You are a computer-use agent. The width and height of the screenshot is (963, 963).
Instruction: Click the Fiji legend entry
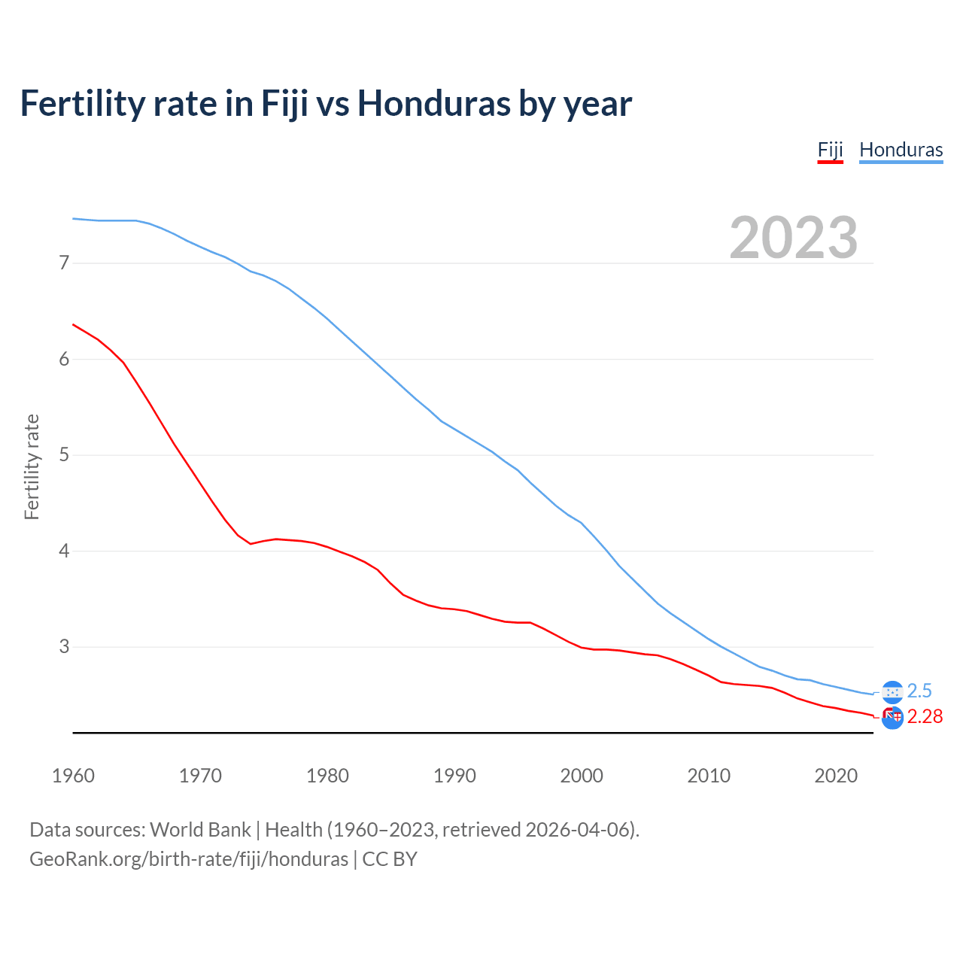point(830,150)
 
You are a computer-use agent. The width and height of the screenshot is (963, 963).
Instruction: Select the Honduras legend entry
point(901,150)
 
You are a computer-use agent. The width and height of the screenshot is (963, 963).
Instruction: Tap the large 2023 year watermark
point(793,238)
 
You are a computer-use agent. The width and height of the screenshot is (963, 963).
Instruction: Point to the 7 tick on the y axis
point(64,263)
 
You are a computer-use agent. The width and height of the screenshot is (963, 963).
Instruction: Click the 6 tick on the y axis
point(64,360)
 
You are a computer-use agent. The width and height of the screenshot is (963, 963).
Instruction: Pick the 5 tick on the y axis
point(64,455)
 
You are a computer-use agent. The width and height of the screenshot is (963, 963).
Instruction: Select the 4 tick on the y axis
point(64,551)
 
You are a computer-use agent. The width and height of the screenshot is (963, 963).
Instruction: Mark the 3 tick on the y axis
point(64,647)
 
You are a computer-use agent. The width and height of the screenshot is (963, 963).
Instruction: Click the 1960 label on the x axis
point(73,776)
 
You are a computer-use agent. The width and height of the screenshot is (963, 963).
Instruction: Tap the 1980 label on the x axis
point(327,776)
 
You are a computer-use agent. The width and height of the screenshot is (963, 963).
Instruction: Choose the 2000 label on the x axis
point(582,776)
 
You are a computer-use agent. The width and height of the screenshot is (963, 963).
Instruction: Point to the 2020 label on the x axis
point(836,776)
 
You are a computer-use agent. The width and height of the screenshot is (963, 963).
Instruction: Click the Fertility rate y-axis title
point(32,466)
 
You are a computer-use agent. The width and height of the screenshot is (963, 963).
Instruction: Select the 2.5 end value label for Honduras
point(919,691)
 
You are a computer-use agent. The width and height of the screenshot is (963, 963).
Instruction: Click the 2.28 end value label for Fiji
point(925,717)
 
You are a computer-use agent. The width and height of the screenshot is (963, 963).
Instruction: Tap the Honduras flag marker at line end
point(892,691)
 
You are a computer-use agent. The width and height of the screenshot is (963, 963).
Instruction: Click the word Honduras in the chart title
point(433,103)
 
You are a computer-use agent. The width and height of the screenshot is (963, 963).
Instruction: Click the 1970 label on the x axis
point(200,776)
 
